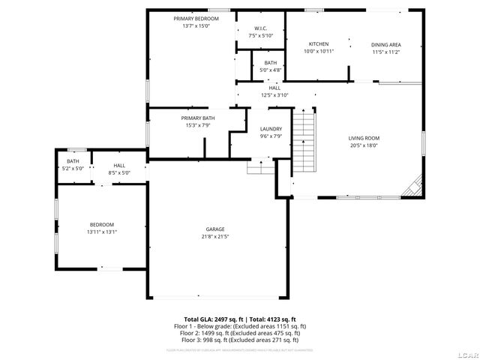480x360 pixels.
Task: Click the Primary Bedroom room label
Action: pyautogui.click(x=196, y=18)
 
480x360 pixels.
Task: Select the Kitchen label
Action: pyautogui.click(x=319, y=44)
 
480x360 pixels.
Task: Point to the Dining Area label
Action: pyautogui.click(x=385, y=44)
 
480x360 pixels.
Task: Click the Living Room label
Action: pyautogui.click(x=364, y=138)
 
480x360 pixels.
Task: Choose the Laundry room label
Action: pyautogui.click(x=271, y=129)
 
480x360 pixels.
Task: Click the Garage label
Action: pyautogui.click(x=216, y=229)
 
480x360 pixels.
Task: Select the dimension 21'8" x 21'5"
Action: pyautogui.click(x=216, y=236)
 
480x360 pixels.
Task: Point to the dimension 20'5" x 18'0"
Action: pyautogui.click(x=364, y=145)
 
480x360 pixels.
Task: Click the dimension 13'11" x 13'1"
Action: pyautogui.click(x=103, y=232)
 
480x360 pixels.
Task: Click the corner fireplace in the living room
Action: pyautogui.click(x=412, y=187)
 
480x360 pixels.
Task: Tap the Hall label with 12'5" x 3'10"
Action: pyautogui.click(x=274, y=88)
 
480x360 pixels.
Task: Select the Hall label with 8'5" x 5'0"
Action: pyautogui.click(x=120, y=165)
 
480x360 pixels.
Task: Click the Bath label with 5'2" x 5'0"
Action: pyautogui.click(x=73, y=161)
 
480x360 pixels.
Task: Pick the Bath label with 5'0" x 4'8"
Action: pyautogui.click(x=270, y=63)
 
